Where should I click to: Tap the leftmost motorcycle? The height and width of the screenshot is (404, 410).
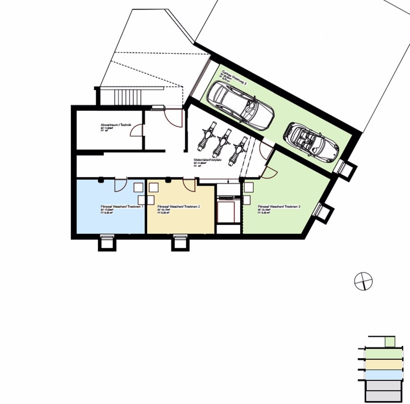point(207,136)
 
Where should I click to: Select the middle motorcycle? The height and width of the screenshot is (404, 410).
point(223,142)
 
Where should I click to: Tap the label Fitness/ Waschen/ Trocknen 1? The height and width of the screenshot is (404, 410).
point(122,206)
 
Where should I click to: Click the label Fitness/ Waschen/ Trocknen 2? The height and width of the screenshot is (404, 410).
point(178,206)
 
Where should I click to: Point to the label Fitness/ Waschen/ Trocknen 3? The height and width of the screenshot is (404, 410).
point(279,206)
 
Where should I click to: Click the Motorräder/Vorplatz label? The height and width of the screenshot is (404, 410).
point(208,160)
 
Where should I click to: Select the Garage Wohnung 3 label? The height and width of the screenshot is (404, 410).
point(234,77)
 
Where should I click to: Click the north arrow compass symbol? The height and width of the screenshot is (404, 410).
point(363,281)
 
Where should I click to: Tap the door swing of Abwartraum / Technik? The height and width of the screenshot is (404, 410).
point(137,131)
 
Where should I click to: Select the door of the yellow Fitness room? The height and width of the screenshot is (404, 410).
point(189,185)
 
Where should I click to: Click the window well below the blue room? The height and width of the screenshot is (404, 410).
point(107,243)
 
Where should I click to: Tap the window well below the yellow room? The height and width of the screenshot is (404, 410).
point(180,243)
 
